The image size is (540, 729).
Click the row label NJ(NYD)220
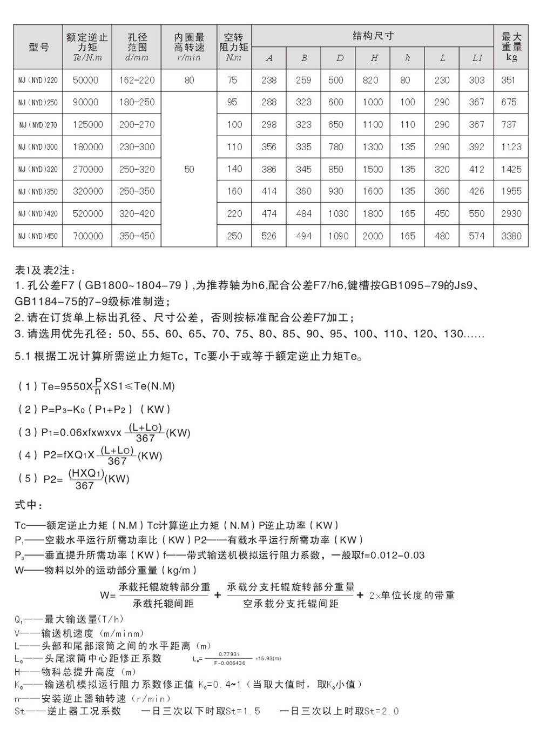pyautogui.click(x=38, y=81)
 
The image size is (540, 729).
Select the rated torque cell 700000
pyautogui.click(x=87, y=236)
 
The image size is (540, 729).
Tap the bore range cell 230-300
pyautogui.click(x=137, y=147)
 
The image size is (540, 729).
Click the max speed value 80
pyautogui.click(x=189, y=81)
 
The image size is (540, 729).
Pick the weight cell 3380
pyautogui.click(x=511, y=236)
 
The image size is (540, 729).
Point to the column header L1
pyautogui.click(x=476, y=58)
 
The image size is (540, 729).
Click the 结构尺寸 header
pyautogui.click(x=373, y=36)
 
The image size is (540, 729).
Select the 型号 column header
pyautogui.click(x=38, y=47)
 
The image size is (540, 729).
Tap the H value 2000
pyautogui.click(x=373, y=236)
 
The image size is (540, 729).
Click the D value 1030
pyautogui.click(x=338, y=213)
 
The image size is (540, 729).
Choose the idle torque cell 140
pyautogui.click(x=234, y=169)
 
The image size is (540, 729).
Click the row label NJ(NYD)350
pyautogui.click(x=38, y=191)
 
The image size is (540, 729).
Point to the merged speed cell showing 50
pyautogui.click(x=189, y=169)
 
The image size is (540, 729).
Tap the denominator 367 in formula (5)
pyautogui.click(x=85, y=485)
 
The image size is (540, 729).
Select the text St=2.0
pyautogui.click(x=382, y=711)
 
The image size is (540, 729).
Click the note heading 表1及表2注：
pyautogui.click(x=45, y=270)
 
